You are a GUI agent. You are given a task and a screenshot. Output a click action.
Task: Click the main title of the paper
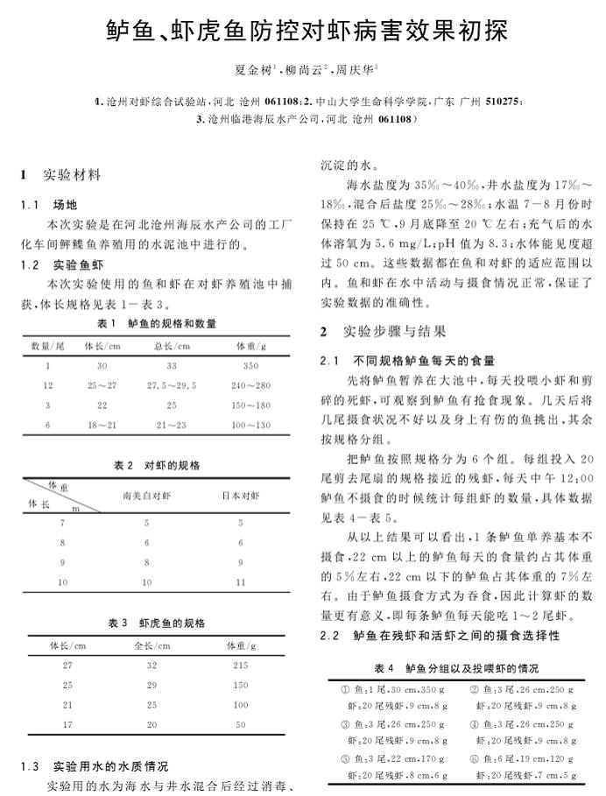[x=303, y=32]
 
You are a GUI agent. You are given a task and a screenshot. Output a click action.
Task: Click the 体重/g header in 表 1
[x=250, y=346]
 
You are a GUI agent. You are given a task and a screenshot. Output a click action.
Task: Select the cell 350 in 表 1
[x=250, y=366]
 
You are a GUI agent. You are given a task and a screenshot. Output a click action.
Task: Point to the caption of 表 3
[x=157, y=623]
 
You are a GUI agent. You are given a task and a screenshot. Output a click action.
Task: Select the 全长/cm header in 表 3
[x=150, y=645]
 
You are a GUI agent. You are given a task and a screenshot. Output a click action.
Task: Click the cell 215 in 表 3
[x=241, y=666]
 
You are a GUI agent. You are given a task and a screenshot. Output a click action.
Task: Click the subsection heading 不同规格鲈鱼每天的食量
[x=424, y=360]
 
